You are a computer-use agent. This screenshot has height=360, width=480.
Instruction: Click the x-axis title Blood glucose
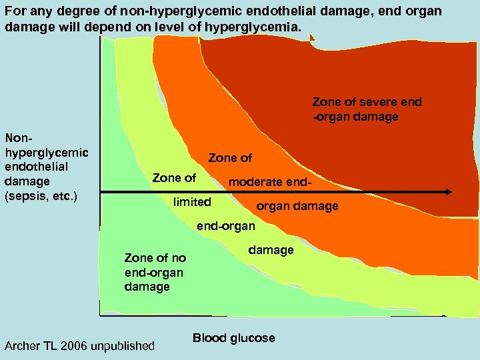tap(233, 338)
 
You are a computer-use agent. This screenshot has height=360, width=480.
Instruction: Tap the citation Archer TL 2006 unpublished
tap(79, 346)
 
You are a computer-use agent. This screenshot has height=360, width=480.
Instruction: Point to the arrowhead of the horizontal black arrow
tap(448, 193)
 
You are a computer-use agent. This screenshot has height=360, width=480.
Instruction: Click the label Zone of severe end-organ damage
tap(367, 109)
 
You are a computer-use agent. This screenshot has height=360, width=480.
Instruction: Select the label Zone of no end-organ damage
tap(155, 272)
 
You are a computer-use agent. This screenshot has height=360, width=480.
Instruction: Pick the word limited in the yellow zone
tap(192, 201)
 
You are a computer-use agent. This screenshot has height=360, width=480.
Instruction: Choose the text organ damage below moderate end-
tap(297, 206)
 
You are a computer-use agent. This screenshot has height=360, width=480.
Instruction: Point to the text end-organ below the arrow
tap(225, 226)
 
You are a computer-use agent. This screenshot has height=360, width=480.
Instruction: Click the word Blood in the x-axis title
tap(209, 338)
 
